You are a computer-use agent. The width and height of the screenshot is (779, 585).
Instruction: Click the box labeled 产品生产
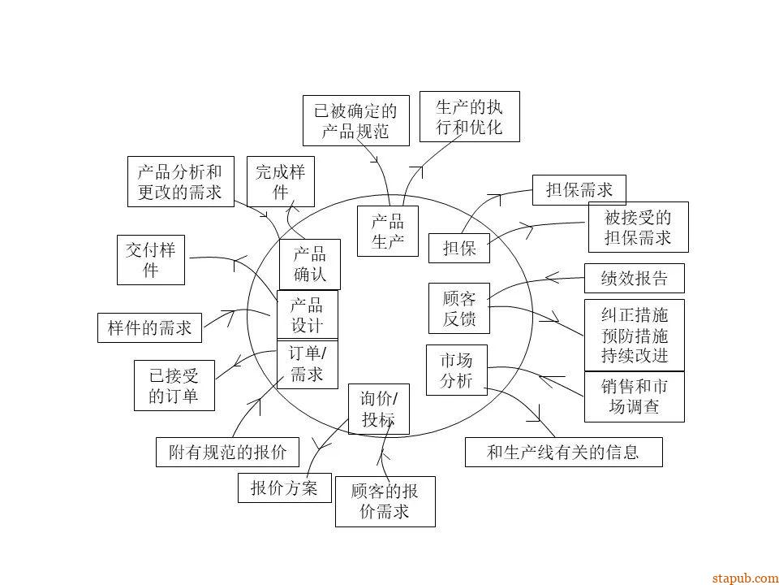click(x=387, y=231)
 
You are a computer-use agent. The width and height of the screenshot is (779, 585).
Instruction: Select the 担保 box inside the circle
click(x=459, y=249)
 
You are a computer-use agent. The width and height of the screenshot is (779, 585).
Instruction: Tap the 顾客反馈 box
click(x=459, y=309)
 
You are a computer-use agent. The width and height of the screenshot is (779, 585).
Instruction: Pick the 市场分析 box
click(x=456, y=370)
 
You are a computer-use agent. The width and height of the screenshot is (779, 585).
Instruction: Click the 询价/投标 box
click(x=379, y=409)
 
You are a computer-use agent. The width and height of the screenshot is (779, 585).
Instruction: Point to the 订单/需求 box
click(x=307, y=364)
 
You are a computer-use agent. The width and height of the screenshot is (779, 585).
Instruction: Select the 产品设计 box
click(x=307, y=315)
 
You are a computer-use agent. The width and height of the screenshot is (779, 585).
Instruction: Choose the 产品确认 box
click(x=309, y=264)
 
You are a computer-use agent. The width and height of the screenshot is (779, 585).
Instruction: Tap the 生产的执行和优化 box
click(x=470, y=116)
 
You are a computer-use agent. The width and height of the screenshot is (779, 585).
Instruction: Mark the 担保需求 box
click(x=579, y=190)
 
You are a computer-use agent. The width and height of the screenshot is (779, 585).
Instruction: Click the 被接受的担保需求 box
click(x=638, y=227)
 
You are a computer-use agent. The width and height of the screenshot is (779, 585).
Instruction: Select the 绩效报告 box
click(x=634, y=279)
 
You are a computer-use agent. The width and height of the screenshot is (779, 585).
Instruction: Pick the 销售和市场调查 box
click(x=634, y=397)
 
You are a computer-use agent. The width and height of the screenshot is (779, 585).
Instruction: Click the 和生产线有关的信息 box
click(x=563, y=452)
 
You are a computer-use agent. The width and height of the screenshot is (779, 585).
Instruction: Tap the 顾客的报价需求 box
click(x=385, y=501)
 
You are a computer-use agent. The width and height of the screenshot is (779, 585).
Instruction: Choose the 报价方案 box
click(x=284, y=488)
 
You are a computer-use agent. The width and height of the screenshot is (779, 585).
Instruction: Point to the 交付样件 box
click(x=150, y=260)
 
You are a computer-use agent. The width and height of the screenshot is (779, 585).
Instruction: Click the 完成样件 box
click(x=280, y=180)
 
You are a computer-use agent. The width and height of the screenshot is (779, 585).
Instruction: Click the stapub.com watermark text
click(x=744, y=578)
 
